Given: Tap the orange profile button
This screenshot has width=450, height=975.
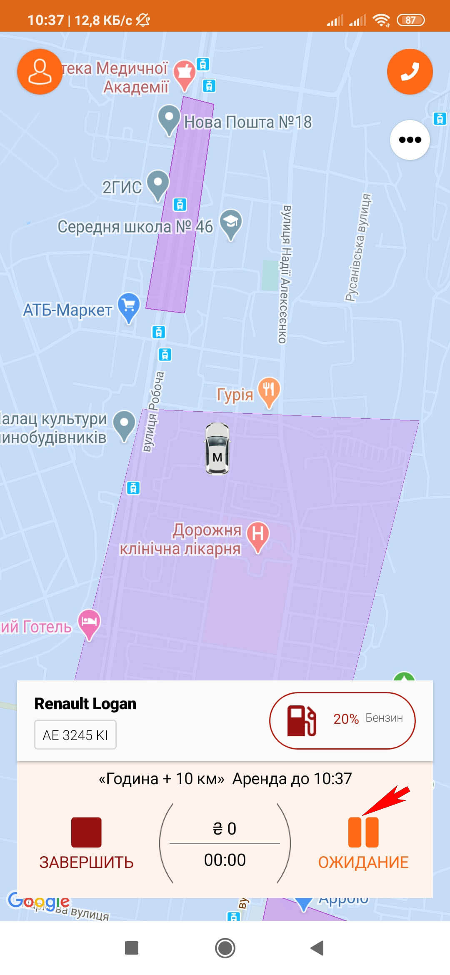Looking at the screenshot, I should click(x=40, y=72).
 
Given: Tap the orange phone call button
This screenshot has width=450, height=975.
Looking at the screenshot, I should click(x=410, y=72).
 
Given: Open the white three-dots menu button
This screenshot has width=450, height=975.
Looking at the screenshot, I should click(x=410, y=140).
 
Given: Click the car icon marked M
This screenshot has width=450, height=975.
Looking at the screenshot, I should click(x=217, y=449).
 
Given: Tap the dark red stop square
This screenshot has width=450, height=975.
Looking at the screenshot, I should click(x=86, y=832).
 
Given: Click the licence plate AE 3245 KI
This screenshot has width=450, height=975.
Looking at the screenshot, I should click(x=75, y=735).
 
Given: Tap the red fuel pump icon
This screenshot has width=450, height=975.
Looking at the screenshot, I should click(x=302, y=720).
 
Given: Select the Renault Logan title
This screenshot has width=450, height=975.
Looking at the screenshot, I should click(x=85, y=704).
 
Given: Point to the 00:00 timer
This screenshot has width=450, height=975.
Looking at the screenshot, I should click(x=225, y=860).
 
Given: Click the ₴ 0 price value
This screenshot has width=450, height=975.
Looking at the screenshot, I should click(x=225, y=829).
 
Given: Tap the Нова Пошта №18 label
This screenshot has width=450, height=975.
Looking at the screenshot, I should click(x=248, y=122).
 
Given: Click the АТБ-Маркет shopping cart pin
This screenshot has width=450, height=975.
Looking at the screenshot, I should click(x=129, y=307).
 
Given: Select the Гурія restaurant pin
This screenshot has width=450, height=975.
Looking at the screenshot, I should click(x=269, y=391).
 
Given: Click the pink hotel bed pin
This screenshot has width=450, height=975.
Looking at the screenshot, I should click(x=90, y=622).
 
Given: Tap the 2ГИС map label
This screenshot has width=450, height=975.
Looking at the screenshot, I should click(x=122, y=187).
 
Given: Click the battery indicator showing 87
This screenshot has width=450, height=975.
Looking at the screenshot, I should click(x=410, y=20).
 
